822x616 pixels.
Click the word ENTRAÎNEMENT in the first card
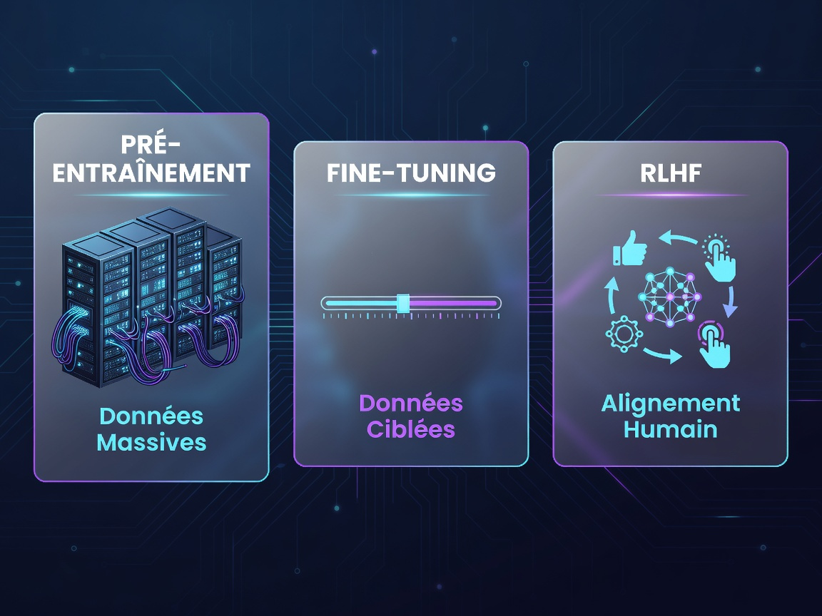point(151,173)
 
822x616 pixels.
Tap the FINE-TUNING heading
point(411,173)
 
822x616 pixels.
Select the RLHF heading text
point(671,173)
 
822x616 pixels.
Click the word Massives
point(151,443)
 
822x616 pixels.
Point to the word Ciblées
point(411,429)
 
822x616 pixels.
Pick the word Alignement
point(671,404)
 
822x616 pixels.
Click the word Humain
point(671,429)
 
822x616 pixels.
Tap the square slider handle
point(403,303)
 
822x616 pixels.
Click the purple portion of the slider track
point(454,303)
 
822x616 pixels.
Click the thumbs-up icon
point(629,248)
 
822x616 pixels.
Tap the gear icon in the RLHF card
point(624,334)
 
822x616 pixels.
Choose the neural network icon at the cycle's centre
point(670,297)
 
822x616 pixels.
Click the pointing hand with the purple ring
point(714,345)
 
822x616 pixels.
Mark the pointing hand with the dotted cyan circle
point(720,258)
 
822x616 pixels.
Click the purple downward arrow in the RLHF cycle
point(730,302)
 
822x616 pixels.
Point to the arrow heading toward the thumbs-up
point(677,238)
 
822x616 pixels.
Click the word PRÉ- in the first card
point(151,145)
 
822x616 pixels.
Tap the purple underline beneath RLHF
point(671,195)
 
